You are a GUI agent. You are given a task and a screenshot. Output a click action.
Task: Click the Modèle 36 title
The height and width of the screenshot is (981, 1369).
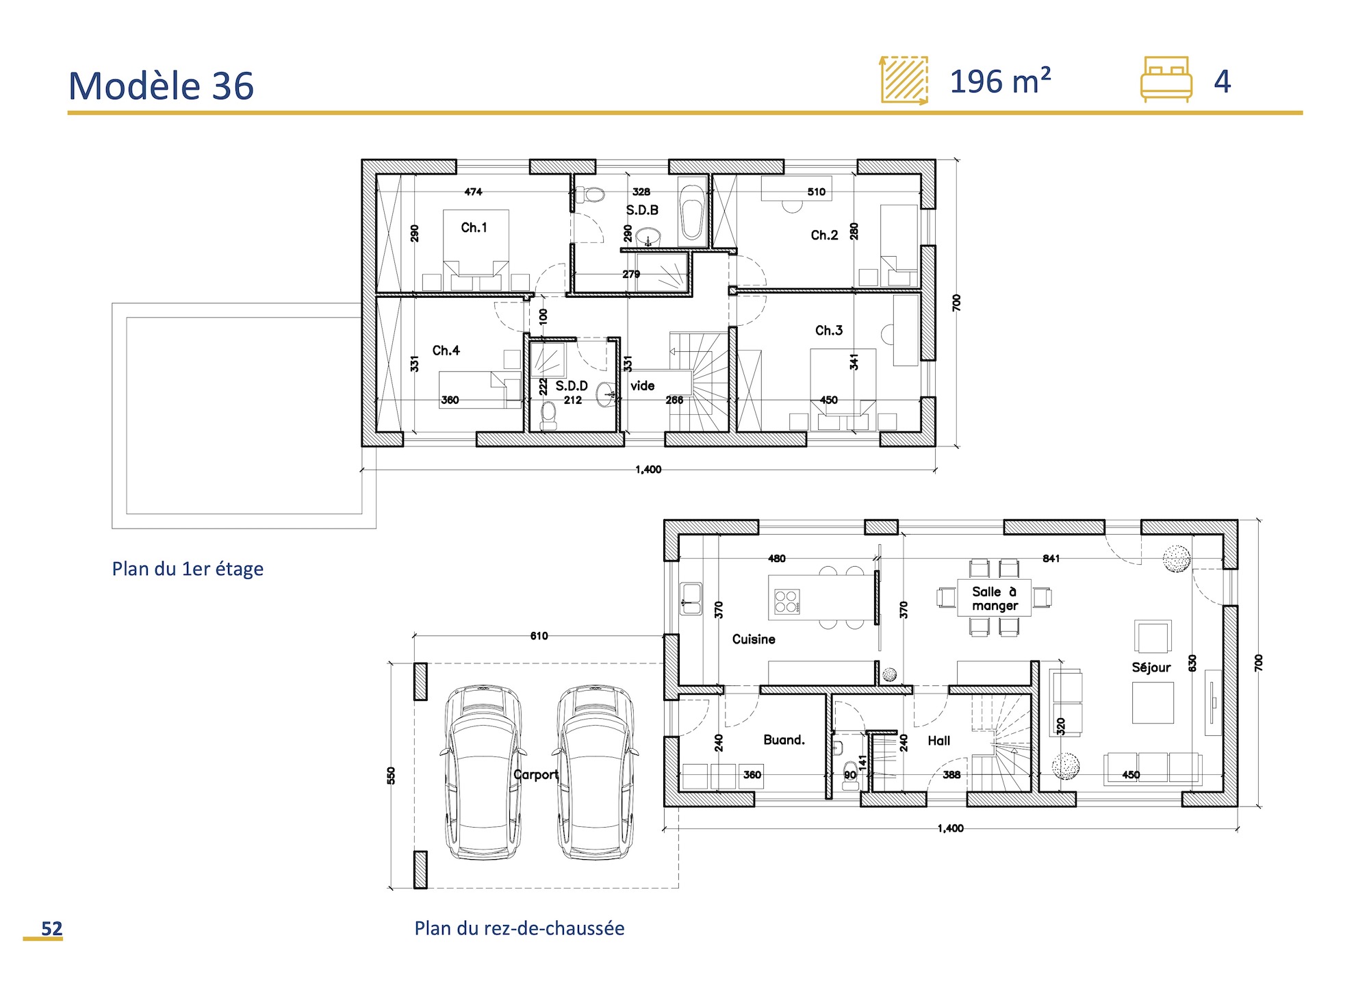161,86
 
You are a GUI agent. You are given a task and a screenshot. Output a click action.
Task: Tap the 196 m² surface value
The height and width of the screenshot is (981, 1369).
1000,81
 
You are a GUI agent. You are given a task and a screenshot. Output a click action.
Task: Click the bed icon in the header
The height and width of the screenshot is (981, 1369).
1166,79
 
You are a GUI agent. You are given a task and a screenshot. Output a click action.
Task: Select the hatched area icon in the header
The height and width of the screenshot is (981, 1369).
904,80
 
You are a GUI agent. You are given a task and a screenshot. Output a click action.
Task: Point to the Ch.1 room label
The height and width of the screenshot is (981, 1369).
474,227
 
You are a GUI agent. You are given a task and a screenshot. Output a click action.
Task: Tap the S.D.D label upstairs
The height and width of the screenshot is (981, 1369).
571,386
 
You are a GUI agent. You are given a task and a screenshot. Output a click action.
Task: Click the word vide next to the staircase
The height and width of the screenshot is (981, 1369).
642,386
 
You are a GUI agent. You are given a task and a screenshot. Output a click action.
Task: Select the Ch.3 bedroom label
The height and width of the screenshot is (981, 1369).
828,331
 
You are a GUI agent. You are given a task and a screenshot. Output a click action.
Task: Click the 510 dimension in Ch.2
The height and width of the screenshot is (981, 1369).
816,192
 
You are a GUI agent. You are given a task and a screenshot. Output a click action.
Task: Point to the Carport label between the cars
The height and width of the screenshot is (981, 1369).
536,774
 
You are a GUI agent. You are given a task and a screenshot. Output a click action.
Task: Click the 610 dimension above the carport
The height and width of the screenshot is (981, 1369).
539,636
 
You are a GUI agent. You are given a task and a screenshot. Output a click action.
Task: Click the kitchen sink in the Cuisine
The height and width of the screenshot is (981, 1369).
691,598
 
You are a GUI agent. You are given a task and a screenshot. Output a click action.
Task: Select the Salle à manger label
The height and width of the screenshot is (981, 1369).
995,598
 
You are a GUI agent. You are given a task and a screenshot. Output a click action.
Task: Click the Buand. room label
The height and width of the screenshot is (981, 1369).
784,740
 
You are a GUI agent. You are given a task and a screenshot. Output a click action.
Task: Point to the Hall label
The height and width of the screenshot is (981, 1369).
938,741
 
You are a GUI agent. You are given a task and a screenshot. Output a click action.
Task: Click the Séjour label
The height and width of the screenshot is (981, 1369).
1151,667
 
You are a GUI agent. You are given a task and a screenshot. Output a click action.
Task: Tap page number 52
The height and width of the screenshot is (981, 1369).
51,928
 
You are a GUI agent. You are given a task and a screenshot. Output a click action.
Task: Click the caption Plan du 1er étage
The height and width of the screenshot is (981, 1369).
188,569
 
